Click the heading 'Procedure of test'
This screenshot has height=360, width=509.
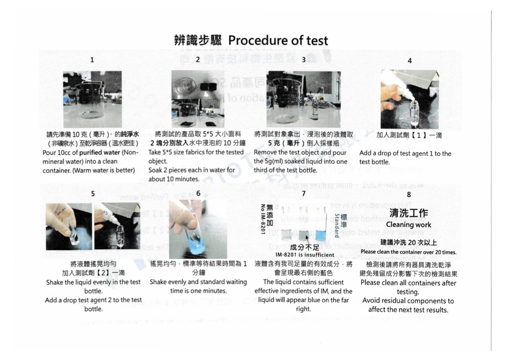[x=278, y=40]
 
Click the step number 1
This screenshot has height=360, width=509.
[x=93, y=60]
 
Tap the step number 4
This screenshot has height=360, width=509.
[x=409, y=60]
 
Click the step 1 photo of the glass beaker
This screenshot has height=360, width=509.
[x=92, y=93]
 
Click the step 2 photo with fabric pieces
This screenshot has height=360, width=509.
[x=198, y=99]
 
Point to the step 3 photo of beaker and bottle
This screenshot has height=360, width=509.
[x=303, y=99]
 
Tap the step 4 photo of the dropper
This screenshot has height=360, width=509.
[x=409, y=99]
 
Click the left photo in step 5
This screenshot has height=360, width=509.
[x=69, y=226]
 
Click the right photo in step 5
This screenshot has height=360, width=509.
[x=117, y=226]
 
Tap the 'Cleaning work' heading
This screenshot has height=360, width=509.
[x=408, y=225]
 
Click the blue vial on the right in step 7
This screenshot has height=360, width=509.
[x=321, y=232]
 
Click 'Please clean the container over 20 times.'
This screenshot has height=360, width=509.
[x=408, y=252]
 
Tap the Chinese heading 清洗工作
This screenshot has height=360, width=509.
[x=409, y=213]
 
